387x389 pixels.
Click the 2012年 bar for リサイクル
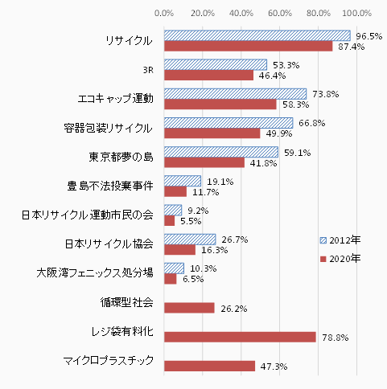pyautogui.click(x=257, y=35)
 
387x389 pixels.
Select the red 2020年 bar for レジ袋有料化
pyautogui.click(x=240, y=337)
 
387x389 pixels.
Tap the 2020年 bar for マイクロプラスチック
pyautogui.click(x=209, y=366)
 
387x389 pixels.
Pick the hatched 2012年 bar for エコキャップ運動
pyautogui.click(x=235, y=94)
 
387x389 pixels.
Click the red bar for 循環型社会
pyautogui.click(x=189, y=308)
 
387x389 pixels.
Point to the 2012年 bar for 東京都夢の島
pyautogui.click(x=220, y=152)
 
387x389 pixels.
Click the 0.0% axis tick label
pyautogui.click(x=164, y=14)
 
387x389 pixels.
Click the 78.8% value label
pyautogui.click(x=334, y=338)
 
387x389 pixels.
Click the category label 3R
pyautogui.click(x=146, y=69)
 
